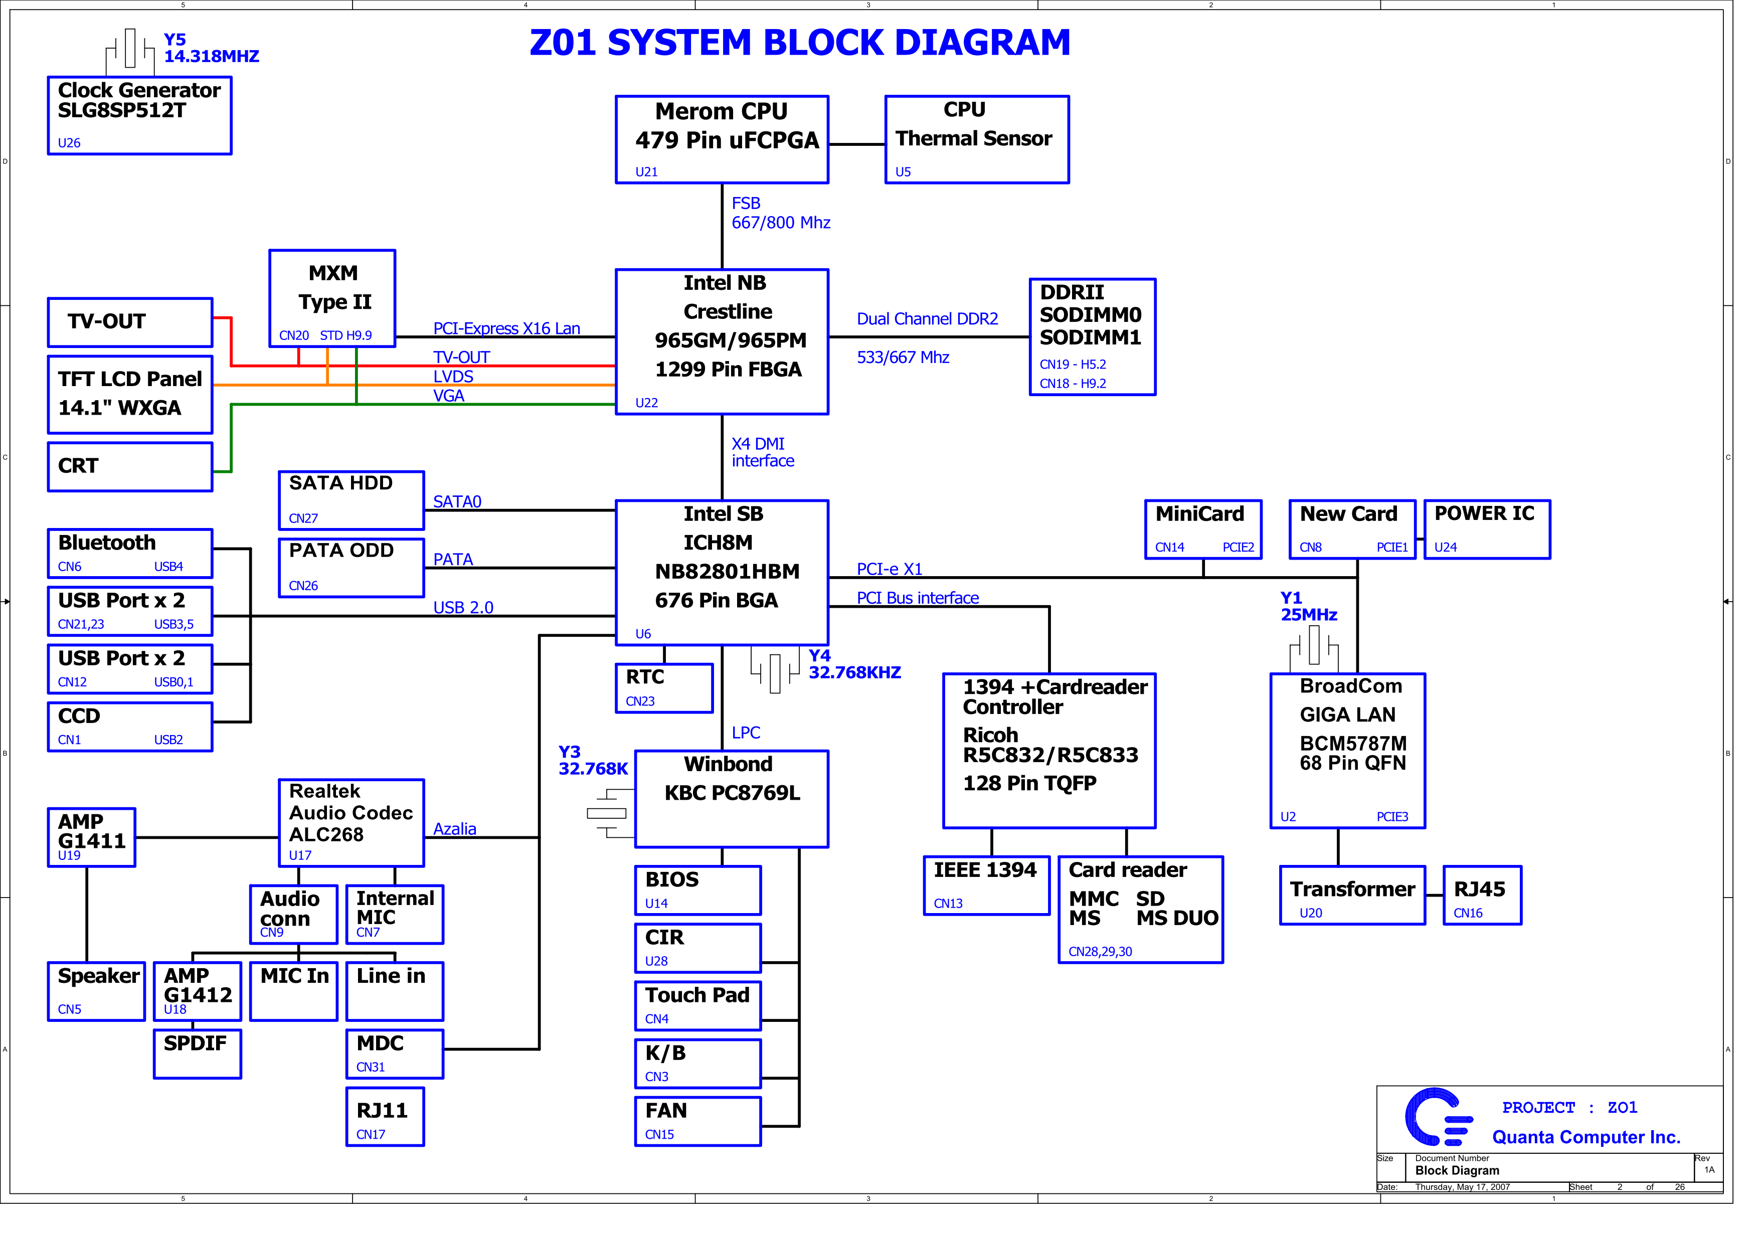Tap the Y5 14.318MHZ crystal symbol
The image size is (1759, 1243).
point(130,50)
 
